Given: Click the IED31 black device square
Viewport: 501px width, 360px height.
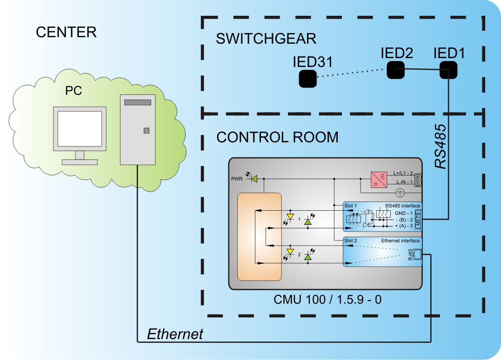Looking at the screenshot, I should point(307,79).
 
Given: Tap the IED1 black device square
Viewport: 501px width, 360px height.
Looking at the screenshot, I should point(448,70).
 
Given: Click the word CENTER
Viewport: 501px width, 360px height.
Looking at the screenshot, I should point(66,32).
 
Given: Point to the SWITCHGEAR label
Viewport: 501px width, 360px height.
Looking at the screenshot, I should point(266,39).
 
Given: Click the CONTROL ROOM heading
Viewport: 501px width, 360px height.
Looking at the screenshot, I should point(277,137).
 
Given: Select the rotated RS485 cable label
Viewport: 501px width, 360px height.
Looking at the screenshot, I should point(441,146).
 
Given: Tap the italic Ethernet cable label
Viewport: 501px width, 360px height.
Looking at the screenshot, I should point(175,334).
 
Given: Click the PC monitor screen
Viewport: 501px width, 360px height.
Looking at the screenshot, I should point(80,129).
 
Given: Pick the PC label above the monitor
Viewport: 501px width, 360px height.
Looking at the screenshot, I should point(73,91).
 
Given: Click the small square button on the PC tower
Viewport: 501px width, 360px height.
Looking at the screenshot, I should point(147,131).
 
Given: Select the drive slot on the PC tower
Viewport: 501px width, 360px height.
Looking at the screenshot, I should point(138,102).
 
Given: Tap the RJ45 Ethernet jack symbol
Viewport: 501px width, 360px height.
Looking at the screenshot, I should point(417,254).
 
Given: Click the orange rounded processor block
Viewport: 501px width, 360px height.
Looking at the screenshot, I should point(260,237).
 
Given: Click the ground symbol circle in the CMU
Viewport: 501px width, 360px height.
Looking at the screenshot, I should point(399,193).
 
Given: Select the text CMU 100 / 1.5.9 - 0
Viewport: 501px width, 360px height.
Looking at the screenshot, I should point(327,300).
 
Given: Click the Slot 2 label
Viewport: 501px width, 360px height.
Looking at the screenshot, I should point(350,240).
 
